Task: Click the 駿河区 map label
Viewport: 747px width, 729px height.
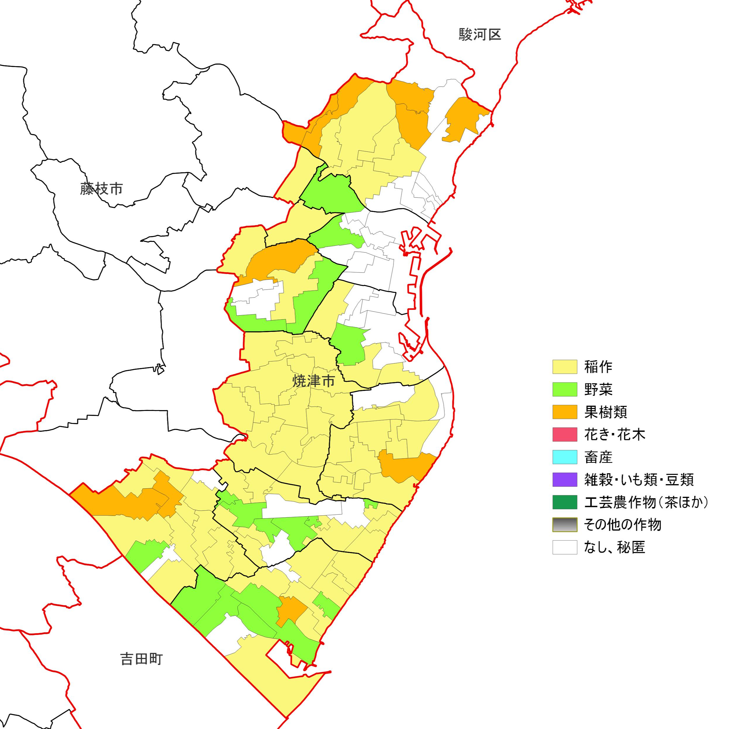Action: [x=480, y=35]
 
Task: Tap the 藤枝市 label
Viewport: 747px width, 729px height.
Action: [x=101, y=189]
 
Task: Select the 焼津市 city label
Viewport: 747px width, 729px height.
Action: [x=314, y=381]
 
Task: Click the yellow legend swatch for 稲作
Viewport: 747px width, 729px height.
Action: [x=565, y=367]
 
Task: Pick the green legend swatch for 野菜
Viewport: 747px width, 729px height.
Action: [x=565, y=389]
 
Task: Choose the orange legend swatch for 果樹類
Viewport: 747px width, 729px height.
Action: [x=565, y=412]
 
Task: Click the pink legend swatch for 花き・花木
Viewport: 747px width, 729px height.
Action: [x=565, y=434]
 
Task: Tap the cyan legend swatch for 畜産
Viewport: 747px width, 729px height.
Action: [x=565, y=457]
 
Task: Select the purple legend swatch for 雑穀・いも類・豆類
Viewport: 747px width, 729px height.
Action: [x=565, y=480]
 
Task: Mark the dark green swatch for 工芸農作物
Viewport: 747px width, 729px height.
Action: [x=565, y=502]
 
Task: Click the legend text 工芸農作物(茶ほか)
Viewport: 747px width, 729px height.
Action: [x=646, y=502]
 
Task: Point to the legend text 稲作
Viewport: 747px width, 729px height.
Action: [x=598, y=367]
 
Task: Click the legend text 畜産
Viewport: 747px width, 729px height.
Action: [x=598, y=457]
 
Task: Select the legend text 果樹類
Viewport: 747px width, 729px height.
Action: [x=605, y=412]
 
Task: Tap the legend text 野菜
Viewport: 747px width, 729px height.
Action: [x=598, y=389]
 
